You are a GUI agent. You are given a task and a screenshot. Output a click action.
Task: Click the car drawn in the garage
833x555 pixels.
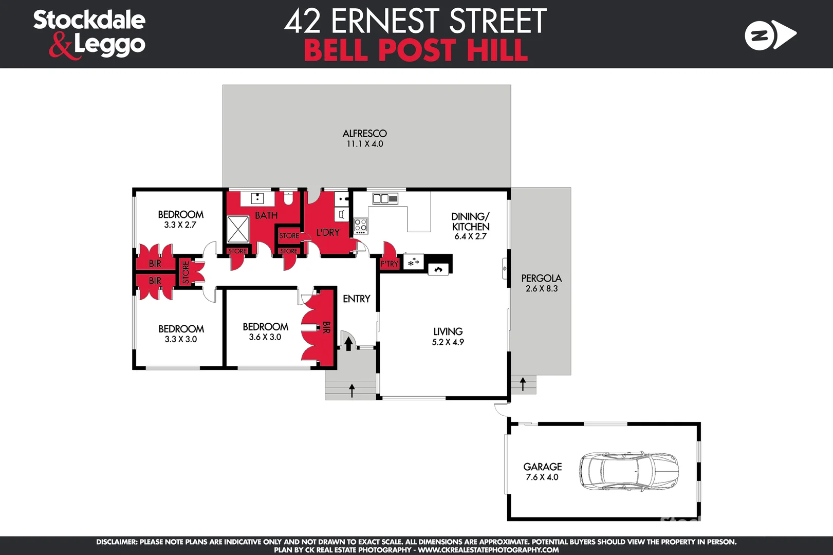point(628,471)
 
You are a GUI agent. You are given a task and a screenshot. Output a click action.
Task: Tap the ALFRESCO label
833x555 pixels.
point(364,134)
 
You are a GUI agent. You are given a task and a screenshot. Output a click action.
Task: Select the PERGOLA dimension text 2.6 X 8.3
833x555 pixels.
point(542,289)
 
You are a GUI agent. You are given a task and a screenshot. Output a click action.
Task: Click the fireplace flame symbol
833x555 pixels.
point(438,269)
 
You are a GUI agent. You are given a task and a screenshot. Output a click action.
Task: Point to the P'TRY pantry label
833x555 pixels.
point(389,264)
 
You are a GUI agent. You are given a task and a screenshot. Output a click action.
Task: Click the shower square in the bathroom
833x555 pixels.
point(238,229)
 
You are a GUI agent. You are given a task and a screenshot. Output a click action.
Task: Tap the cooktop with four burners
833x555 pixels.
point(361,225)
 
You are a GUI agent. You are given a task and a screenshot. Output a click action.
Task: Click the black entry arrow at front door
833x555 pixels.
point(348,343)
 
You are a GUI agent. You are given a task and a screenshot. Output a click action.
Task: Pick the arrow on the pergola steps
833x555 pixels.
point(523,384)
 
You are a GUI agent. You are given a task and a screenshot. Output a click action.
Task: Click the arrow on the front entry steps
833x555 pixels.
point(352,390)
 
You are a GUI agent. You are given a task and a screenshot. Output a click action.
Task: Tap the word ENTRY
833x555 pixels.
point(356,299)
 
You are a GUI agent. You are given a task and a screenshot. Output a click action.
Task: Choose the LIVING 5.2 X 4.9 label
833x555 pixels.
point(448,337)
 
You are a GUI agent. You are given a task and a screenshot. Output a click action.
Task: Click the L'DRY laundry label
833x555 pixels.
point(328,233)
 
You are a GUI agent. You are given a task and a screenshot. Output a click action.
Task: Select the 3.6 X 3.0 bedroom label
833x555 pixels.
point(265,337)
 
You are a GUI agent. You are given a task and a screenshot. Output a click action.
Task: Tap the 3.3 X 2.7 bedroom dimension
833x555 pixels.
point(180,225)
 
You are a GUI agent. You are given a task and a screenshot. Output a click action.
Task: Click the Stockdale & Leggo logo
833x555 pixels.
point(89,34)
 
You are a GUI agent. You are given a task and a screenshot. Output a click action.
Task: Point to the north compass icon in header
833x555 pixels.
point(769,35)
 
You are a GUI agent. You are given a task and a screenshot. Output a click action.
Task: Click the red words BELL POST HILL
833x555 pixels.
point(415,50)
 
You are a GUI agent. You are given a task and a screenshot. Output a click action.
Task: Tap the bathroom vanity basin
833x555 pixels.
point(257,198)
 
